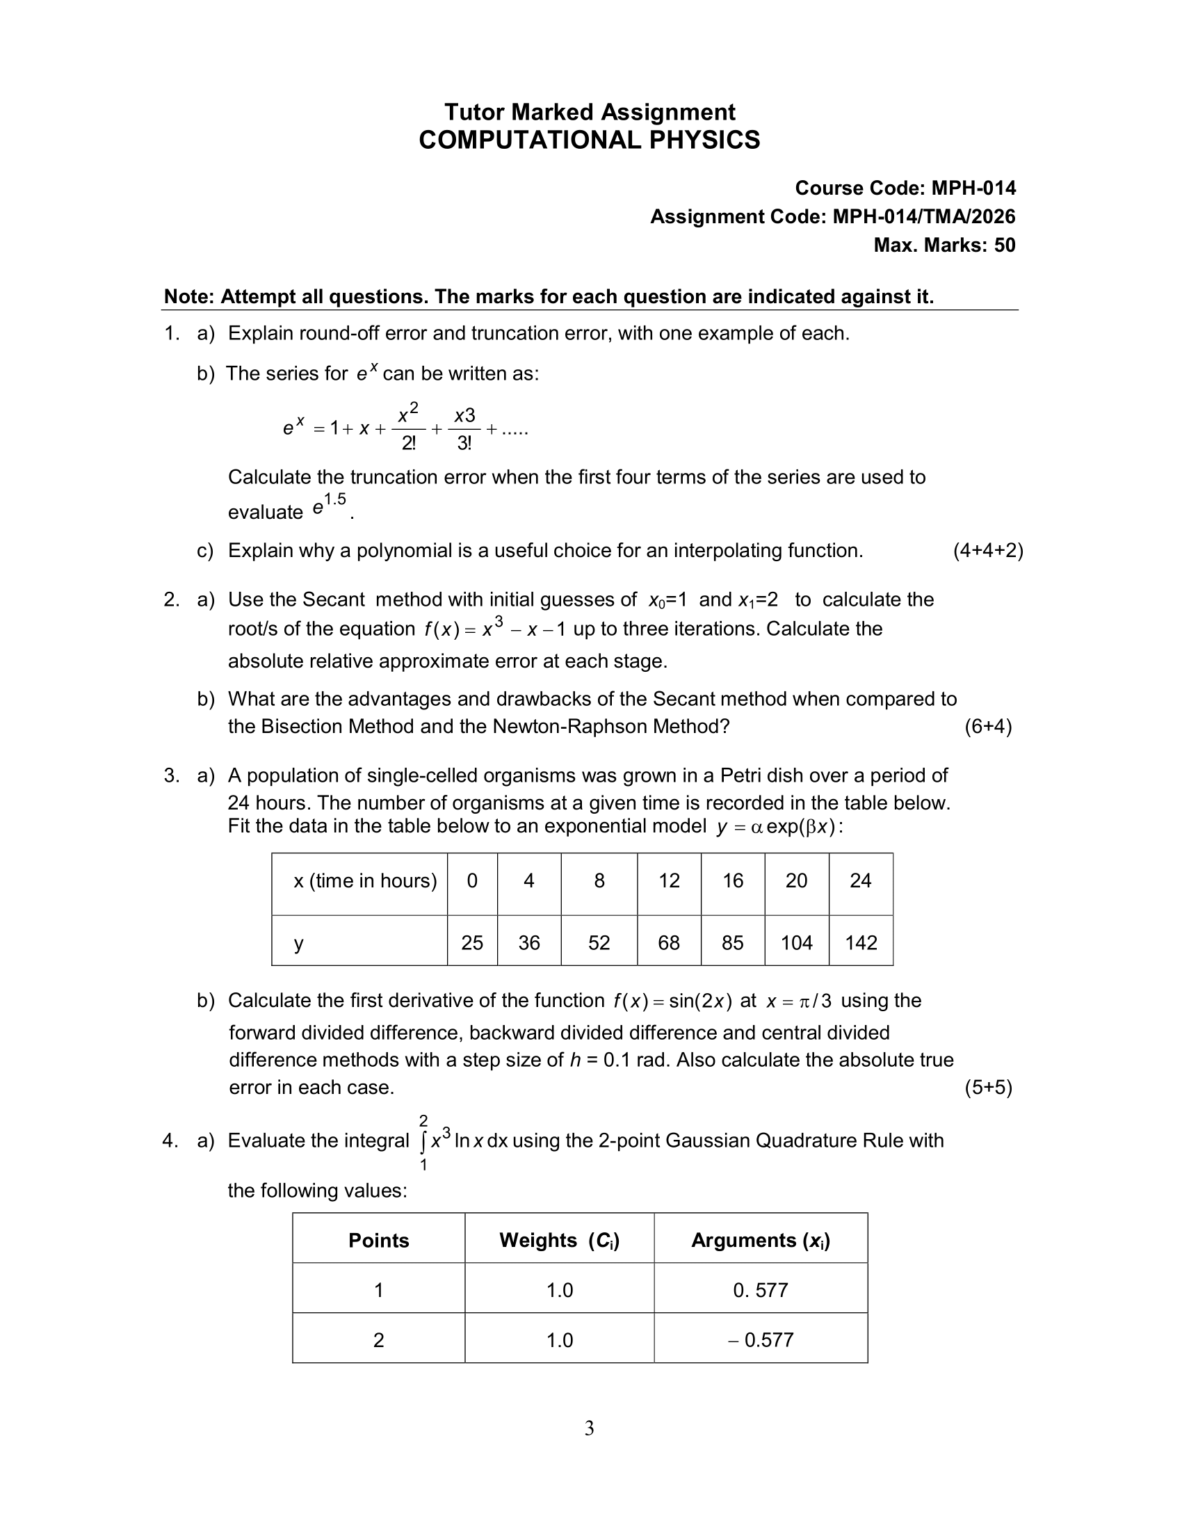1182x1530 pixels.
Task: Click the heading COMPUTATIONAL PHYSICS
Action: tap(589, 140)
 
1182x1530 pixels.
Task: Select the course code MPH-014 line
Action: tap(905, 188)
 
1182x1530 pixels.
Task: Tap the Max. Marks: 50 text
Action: tap(944, 245)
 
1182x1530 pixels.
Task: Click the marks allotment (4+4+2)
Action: tap(987, 551)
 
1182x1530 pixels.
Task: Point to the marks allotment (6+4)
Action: tap(987, 727)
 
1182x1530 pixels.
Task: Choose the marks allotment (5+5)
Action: tap(987, 1087)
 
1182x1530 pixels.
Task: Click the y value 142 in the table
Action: tap(861, 943)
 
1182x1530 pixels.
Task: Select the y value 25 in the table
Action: tap(472, 943)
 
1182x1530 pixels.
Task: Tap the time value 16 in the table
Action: tap(732, 880)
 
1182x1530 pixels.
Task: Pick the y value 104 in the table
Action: tap(796, 943)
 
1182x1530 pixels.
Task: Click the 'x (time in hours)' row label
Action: tap(365, 880)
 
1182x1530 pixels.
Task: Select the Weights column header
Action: tap(559, 1241)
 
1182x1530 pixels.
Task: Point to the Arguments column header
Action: tap(761, 1241)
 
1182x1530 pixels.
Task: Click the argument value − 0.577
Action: tap(761, 1340)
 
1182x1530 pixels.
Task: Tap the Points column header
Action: tap(378, 1241)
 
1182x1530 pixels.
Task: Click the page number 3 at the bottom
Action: tap(589, 1428)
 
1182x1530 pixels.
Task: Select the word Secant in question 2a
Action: tap(333, 599)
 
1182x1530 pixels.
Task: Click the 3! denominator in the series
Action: tap(464, 444)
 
